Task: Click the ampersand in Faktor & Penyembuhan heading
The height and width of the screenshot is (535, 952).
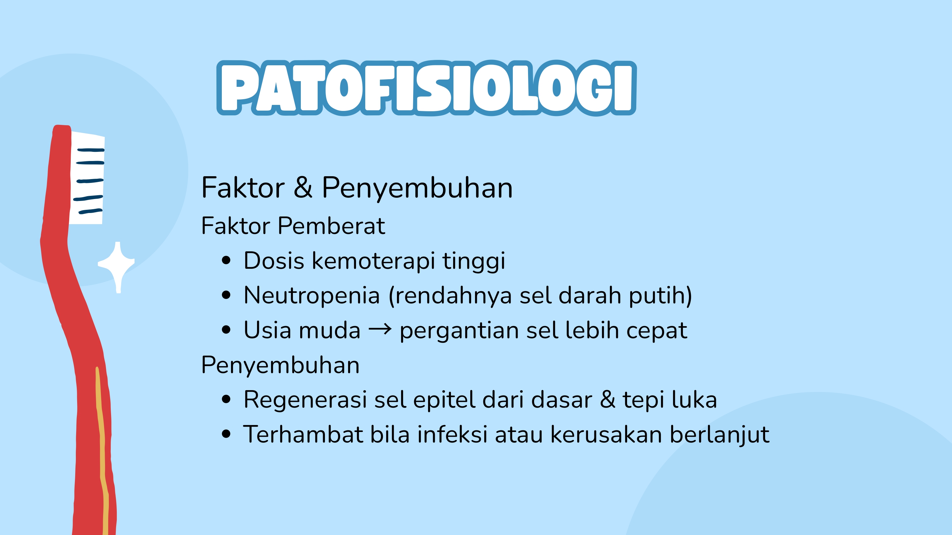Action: [303, 187]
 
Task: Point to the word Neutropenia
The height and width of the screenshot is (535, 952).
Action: [312, 295]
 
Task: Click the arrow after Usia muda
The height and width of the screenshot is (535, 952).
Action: [380, 329]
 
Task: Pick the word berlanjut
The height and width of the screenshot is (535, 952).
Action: [719, 435]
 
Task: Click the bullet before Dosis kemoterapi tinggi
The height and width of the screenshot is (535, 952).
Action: [226, 261]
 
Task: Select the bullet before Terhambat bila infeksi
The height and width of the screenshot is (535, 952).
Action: [226, 434]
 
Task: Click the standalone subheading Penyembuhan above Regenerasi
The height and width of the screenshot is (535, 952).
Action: [280, 365]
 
